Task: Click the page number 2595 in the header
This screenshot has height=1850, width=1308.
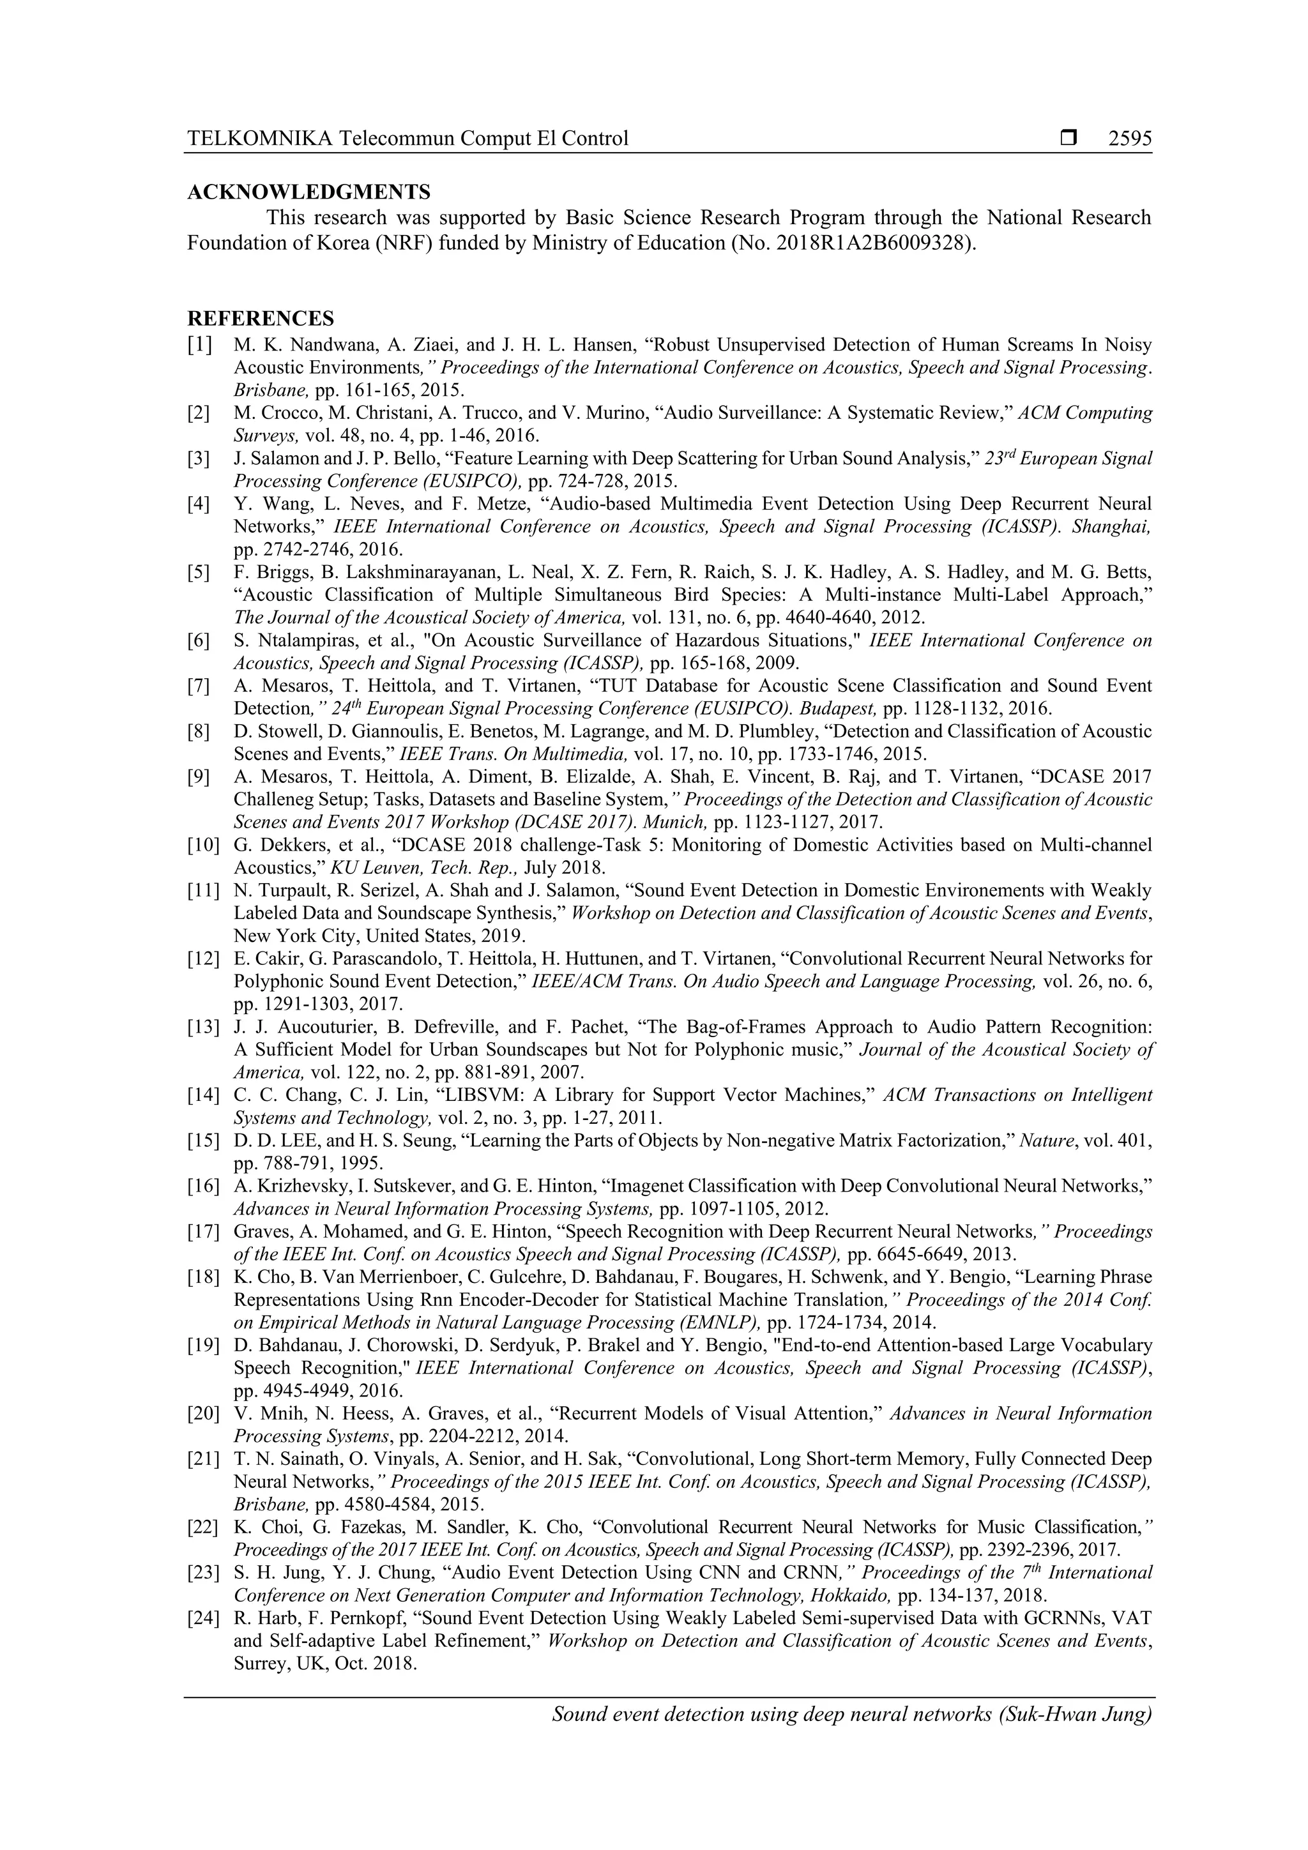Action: coord(1130,139)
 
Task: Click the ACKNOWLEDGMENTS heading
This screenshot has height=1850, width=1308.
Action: coord(308,193)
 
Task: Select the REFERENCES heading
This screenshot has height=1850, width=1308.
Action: coord(261,318)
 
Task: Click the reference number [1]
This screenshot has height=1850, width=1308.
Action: coord(200,345)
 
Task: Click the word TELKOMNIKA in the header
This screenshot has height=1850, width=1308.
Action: coord(259,139)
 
